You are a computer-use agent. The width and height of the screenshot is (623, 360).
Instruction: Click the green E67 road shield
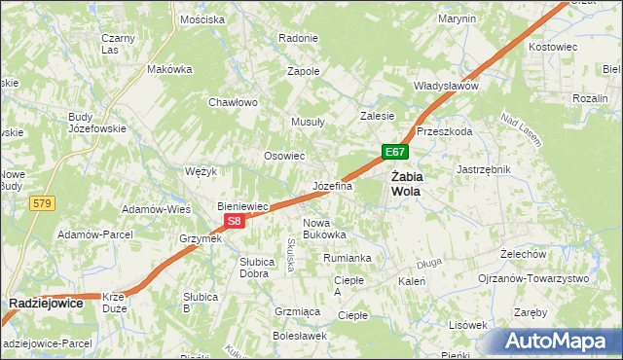(x=394, y=153)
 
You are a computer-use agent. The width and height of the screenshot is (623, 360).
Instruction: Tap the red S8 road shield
(x=234, y=222)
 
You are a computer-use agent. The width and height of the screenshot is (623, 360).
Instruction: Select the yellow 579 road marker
(x=41, y=203)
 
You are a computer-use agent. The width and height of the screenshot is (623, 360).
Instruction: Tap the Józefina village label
(x=332, y=185)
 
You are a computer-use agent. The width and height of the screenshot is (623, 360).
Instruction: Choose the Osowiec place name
(x=285, y=156)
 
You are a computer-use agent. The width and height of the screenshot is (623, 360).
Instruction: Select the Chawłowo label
(x=233, y=102)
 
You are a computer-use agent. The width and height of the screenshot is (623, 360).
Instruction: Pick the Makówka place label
(x=169, y=70)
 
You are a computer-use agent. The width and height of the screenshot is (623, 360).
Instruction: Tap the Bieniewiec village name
(x=242, y=207)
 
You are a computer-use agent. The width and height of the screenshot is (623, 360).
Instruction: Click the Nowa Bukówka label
(x=324, y=228)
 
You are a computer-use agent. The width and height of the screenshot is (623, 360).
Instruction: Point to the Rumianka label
(x=348, y=258)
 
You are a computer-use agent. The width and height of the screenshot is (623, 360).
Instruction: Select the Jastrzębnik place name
(x=484, y=168)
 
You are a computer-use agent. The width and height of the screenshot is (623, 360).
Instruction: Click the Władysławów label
(x=447, y=86)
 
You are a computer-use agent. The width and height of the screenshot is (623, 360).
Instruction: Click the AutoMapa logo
(x=562, y=342)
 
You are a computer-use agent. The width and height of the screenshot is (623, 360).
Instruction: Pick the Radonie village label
(x=298, y=38)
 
